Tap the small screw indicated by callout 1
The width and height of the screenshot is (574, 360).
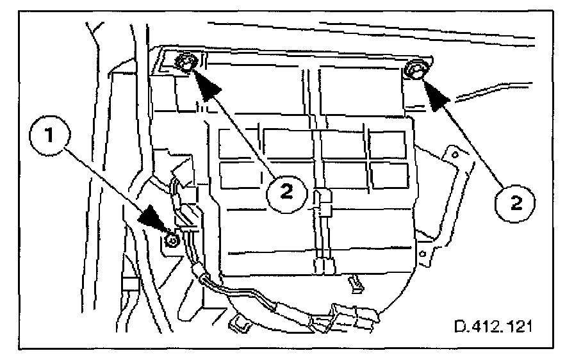click(171, 240)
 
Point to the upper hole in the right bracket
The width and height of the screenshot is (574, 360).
click(454, 154)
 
